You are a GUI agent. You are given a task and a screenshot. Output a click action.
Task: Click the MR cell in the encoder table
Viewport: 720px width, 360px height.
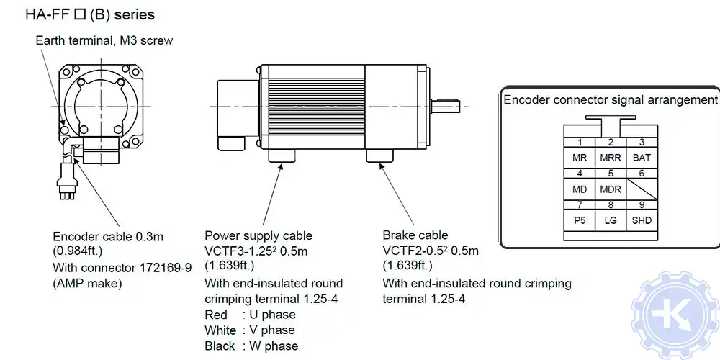579,156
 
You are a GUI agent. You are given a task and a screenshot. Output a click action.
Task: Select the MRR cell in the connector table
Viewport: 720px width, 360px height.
610,156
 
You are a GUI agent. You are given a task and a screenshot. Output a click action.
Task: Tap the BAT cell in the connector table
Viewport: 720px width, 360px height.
641,156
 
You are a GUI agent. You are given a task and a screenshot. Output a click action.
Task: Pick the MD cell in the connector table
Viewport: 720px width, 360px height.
579,189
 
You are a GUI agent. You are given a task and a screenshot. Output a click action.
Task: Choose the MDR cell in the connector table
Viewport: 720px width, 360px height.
610,189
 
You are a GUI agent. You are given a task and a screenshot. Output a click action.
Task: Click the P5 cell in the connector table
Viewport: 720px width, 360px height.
579,220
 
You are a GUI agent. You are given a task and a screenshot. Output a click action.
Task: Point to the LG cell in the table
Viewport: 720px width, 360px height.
610,220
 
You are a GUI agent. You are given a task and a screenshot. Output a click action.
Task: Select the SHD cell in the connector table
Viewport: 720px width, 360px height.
641,220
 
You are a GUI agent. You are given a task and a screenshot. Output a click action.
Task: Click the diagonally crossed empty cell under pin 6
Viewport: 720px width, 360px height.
641,189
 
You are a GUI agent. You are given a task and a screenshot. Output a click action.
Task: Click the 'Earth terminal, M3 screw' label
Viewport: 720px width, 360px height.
104,40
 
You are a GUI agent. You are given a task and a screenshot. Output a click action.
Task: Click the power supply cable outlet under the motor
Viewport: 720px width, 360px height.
283,156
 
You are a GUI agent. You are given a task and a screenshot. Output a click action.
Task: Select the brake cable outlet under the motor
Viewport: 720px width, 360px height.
380,156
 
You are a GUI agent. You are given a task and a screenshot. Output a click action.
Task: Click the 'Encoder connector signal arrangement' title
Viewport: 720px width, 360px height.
611,99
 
